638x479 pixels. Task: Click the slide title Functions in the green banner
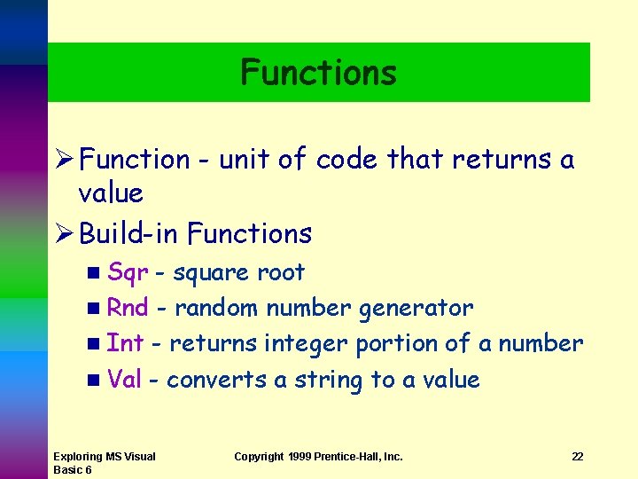coord(318,73)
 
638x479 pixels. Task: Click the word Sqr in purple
coord(127,272)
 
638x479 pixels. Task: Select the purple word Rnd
coord(127,308)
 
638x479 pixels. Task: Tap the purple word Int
coord(125,343)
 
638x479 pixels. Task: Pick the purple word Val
coord(124,380)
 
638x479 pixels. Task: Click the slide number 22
coord(578,457)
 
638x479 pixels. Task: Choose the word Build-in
coord(129,233)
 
